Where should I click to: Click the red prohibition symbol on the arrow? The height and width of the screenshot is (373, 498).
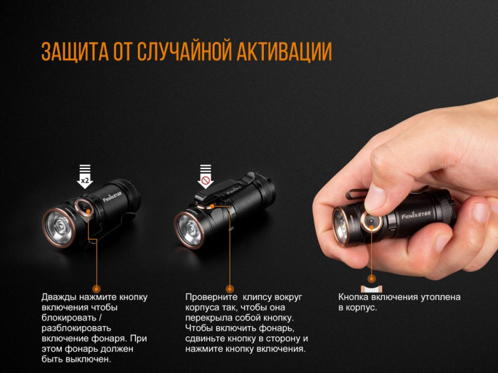click(206, 180)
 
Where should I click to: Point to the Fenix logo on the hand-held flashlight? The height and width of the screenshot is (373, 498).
click(418, 211)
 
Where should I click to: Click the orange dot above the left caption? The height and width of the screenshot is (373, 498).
click(97, 288)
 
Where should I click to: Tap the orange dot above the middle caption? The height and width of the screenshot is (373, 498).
click(229, 288)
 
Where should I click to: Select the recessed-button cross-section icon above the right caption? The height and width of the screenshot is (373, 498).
click(371, 288)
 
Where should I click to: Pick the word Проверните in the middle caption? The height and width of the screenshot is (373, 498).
click(211, 297)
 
